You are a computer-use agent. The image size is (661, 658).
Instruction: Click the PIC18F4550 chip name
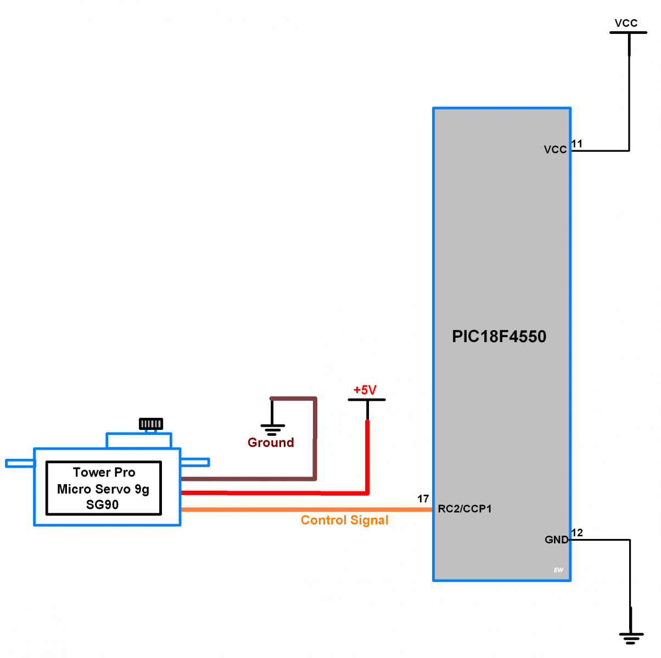499,336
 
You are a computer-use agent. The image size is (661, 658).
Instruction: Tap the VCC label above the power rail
626,23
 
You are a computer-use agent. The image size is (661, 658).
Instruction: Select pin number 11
577,144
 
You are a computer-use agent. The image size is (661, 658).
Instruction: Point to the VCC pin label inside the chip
555,150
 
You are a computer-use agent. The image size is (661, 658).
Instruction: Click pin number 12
577,532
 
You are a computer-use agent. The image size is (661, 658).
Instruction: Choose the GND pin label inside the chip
556,540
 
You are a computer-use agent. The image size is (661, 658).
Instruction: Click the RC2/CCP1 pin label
464,509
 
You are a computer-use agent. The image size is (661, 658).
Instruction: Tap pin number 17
423,498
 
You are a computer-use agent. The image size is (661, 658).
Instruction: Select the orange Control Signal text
344,520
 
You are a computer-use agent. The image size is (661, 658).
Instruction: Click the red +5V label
365,390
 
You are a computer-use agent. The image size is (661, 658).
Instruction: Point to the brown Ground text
271,443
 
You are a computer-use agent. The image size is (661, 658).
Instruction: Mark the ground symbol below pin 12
631,638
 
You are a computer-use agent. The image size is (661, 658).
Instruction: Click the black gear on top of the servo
150,424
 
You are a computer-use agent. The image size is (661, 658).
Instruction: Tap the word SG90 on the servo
102,504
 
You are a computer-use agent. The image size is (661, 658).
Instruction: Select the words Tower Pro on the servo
104,472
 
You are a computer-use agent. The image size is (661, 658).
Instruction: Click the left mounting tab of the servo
20,463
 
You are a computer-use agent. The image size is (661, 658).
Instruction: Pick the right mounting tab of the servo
195,462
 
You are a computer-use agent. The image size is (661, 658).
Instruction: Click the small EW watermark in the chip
558,570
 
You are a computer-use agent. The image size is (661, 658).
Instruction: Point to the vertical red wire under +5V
367,455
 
